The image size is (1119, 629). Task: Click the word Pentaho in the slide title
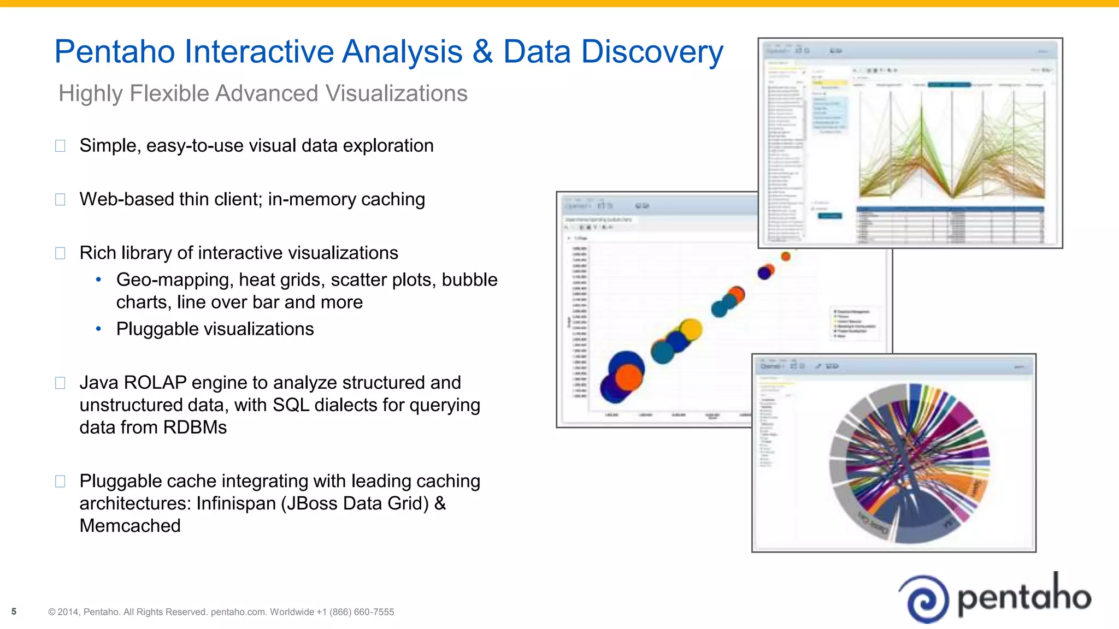pyautogui.click(x=115, y=52)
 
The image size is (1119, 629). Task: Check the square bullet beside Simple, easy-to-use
pyautogui.click(x=60, y=146)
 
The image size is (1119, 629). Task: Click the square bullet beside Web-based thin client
pyautogui.click(x=60, y=199)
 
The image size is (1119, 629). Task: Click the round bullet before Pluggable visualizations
pyautogui.click(x=98, y=329)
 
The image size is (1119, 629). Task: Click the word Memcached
pyautogui.click(x=130, y=526)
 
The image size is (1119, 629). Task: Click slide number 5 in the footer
pyautogui.click(x=14, y=612)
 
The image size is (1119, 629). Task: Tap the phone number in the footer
pyautogui.click(x=361, y=612)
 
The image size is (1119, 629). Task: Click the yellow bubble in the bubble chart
pyautogui.click(x=691, y=329)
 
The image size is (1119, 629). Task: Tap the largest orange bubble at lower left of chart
pyautogui.click(x=629, y=377)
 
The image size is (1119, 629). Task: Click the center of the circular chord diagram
pyautogui.click(x=910, y=464)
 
